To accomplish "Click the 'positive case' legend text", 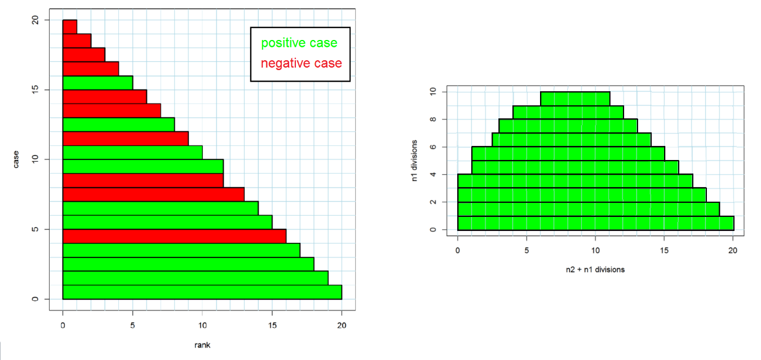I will click(299, 43).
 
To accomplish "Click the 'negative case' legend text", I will click(301, 63).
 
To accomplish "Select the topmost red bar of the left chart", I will click(69, 27).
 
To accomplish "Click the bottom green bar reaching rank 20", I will click(202, 292).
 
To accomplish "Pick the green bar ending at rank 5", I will click(97, 83).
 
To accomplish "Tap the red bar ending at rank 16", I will click(174, 236).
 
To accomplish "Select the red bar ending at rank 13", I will click(153, 194).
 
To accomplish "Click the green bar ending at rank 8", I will click(118, 125).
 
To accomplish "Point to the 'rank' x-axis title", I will click(202, 344).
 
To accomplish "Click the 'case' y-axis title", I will click(17, 159).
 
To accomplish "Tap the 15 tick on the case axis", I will click(34, 90).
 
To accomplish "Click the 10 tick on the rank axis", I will click(202, 325).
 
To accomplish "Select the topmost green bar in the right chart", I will click(574, 99).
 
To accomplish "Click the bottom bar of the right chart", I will click(595, 223).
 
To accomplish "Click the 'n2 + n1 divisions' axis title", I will click(595, 269).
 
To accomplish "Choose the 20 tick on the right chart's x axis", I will click(733, 250).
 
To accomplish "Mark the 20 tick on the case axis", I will click(34, 20).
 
